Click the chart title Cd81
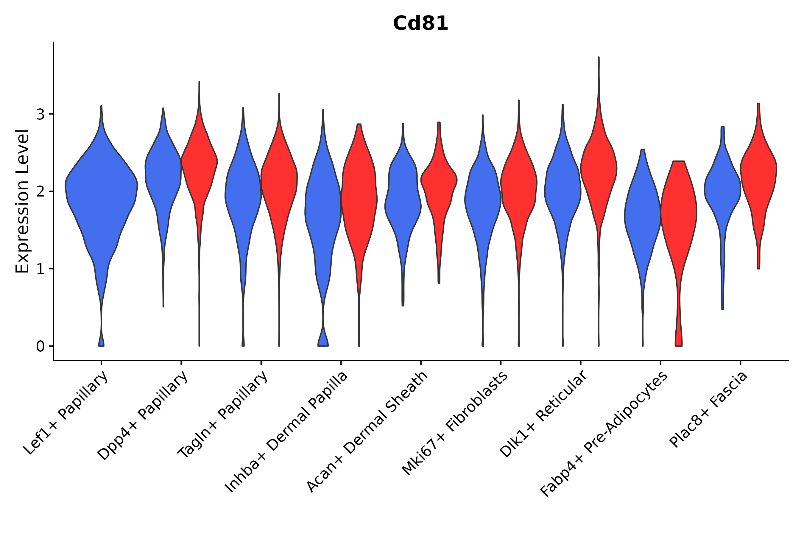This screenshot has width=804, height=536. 420,24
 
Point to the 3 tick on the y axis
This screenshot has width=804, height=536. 40,115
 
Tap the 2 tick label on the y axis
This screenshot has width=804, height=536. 40,192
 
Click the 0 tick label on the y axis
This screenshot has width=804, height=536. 40,347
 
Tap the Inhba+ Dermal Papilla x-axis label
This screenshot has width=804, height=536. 286,432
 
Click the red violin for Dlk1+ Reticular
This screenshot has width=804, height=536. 599,171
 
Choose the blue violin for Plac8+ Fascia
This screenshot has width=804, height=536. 722,191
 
